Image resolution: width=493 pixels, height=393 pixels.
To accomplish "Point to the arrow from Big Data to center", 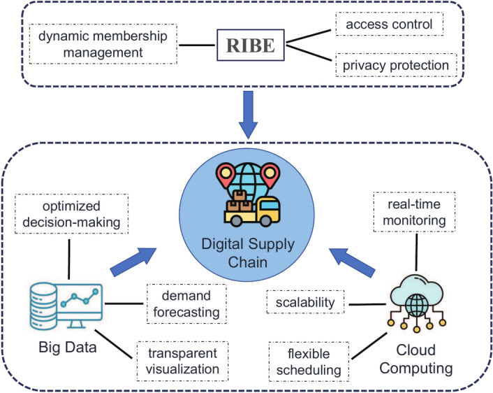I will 133,260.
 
